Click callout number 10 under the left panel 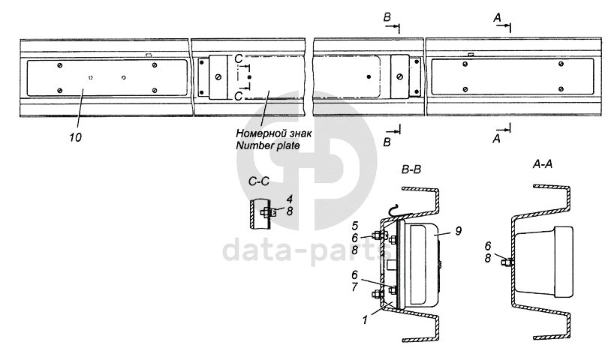(76, 137)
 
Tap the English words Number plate (268, 145)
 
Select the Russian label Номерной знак (274, 133)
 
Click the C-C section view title (259, 181)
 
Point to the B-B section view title (411, 169)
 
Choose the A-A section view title (543, 164)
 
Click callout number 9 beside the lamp (458, 231)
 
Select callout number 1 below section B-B (365, 319)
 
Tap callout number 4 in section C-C (289, 199)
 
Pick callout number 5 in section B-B (355, 226)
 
